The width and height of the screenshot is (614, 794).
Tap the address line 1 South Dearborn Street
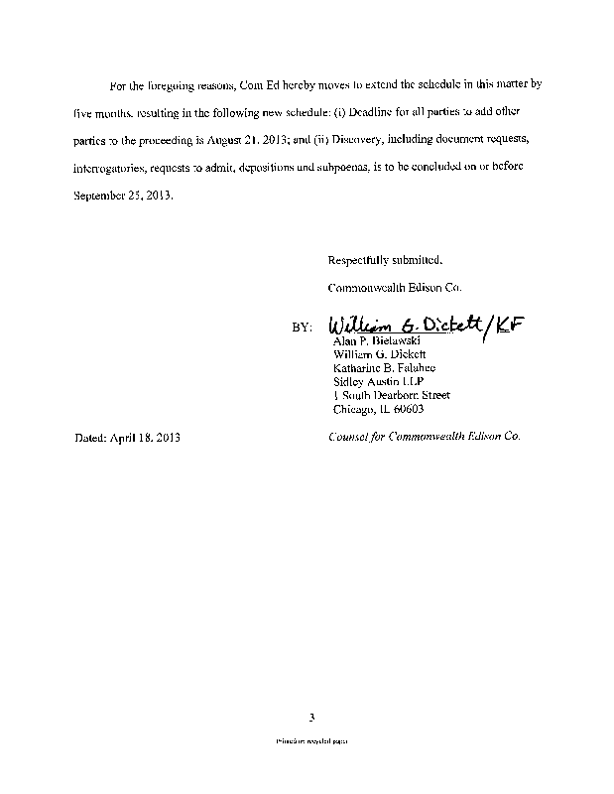pyautogui.click(x=394, y=395)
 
